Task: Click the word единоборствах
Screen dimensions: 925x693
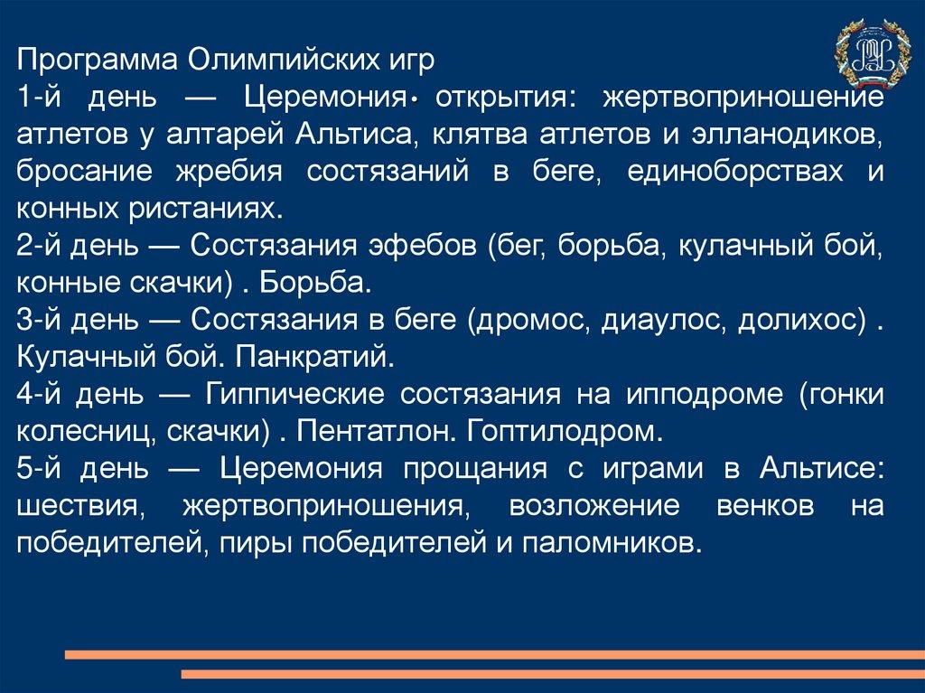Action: coord(735,173)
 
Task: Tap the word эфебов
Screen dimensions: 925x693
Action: coord(422,246)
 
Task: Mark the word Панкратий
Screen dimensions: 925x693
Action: coord(314,357)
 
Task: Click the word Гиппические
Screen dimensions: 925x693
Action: coord(294,394)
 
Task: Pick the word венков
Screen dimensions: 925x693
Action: coord(765,507)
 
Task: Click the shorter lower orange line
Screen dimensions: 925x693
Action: coord(553,673)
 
